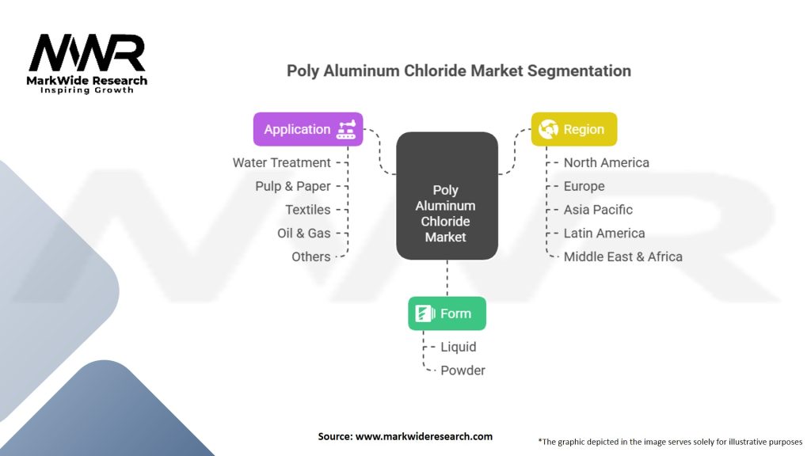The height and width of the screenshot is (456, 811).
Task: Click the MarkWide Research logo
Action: point(87,63)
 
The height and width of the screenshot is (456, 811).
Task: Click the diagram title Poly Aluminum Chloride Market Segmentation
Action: point(459,70)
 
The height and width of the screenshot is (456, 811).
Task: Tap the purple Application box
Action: point(308,130)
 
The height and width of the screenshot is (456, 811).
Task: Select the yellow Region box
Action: point(573,130)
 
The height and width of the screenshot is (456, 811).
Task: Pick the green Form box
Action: point(447,313)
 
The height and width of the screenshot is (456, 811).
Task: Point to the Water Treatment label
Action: point(281,162)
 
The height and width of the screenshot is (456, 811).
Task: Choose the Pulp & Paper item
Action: point(292,186)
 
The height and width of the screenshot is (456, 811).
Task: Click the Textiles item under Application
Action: point(308,210)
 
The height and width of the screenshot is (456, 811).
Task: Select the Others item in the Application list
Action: point(311,256)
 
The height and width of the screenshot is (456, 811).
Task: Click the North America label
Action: point(606,162)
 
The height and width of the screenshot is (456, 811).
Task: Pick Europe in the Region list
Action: point(584,186)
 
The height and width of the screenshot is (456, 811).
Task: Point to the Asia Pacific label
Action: point(598,210)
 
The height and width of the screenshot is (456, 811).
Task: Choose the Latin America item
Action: point(604,233)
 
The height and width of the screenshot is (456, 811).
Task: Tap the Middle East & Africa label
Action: point(623,256)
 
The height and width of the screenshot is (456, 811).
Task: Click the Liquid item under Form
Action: point(459,347)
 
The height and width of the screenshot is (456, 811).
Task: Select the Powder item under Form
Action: point(463,370)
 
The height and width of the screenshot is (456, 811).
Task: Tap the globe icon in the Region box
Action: point(548,130)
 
